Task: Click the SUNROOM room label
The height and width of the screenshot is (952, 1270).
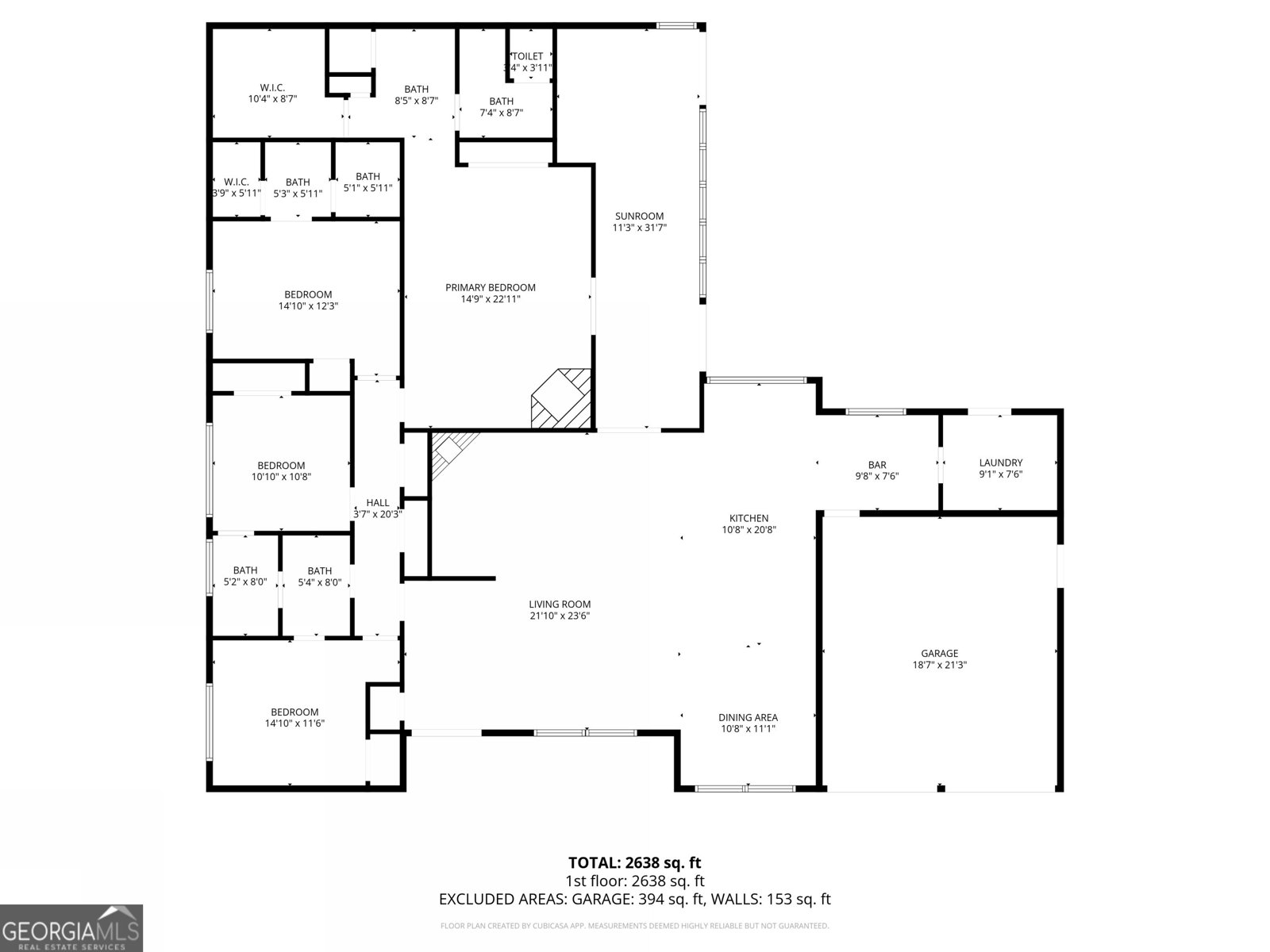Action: coord(639,216)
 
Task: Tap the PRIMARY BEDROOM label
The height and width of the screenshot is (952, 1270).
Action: coord(490,287)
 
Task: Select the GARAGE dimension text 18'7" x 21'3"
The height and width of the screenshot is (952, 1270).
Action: coord(940,666)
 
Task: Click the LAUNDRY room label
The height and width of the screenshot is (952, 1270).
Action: coord(1000,463)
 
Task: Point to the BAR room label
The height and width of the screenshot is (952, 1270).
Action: coord(876,465)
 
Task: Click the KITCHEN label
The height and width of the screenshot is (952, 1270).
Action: coord(749,518)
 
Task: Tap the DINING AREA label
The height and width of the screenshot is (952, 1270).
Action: coord(748,717)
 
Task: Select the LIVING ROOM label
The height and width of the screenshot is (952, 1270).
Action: coord(560,604)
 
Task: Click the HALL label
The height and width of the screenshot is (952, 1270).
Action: coord(378,502)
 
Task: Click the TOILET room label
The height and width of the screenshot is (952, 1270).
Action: coord(528,56)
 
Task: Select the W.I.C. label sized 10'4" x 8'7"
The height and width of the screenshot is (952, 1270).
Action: coord(272,87)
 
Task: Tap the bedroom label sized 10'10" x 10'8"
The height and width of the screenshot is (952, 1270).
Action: coord(281,466)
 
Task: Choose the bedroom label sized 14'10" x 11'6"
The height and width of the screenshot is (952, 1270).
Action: coord(294,712)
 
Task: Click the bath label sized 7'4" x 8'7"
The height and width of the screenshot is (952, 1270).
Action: coord(501,101)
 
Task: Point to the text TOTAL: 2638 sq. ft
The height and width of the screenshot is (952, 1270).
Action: coord(634,862)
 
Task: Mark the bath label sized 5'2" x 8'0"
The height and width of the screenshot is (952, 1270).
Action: coord(245,570)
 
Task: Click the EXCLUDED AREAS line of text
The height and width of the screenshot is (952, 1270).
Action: coord(634,899)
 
